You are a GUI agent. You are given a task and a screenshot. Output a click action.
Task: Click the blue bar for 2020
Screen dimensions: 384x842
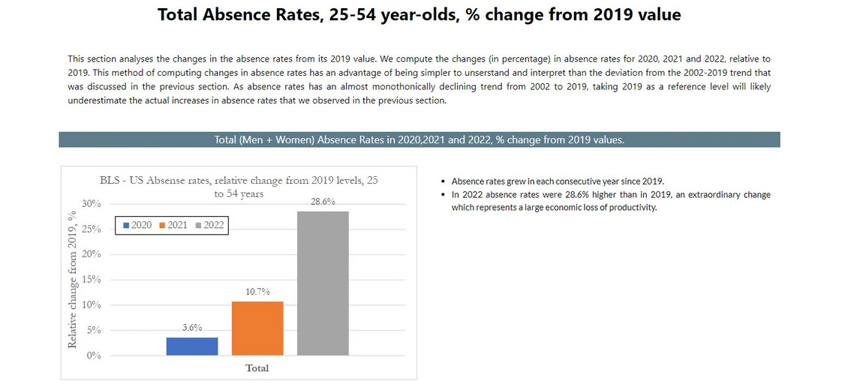click(192, 346)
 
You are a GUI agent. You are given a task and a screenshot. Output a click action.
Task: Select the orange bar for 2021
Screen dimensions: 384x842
click(257, 328)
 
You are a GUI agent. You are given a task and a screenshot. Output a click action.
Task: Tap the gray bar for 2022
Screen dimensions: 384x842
click(323, 283)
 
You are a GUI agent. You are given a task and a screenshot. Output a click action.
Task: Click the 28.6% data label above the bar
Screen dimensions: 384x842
click(323, 202)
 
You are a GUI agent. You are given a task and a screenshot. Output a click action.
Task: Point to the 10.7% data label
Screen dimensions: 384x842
click(257, 291)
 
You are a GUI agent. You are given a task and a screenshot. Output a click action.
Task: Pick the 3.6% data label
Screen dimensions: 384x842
click(192, 327)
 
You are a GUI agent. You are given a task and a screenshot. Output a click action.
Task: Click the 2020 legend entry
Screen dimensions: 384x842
click(137, 225)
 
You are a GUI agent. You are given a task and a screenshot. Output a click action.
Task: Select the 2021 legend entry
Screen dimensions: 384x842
click(173, 225)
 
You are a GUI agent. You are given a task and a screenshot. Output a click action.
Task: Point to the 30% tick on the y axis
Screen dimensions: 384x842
click(92, 204)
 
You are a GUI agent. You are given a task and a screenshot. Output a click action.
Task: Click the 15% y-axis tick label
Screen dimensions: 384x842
click(92, 280)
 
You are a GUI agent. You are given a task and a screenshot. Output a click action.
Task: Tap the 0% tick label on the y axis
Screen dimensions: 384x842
click(94, 355)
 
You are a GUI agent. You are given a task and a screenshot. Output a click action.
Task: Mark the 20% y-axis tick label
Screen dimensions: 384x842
click(92, 254)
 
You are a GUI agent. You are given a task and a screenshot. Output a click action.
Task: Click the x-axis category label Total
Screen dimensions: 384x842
click(257, 368)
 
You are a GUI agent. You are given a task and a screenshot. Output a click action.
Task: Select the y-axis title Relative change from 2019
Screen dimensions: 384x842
click(73, 279)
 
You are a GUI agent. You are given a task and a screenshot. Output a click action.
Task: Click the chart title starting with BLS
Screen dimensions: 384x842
click(239, 186)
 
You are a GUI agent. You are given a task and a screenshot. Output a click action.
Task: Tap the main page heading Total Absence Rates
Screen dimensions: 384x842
click(419, 15)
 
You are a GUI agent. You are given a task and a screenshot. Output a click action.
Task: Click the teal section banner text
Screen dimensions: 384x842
click(419, 139)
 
